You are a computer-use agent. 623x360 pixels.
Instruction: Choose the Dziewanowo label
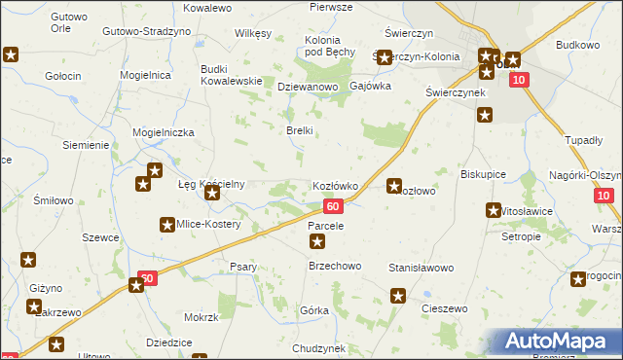(307, 87)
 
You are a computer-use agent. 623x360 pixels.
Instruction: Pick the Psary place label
(243, 268)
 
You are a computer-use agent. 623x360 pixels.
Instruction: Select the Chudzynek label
(318, 347)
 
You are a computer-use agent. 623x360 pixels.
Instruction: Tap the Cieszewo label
(445, 308)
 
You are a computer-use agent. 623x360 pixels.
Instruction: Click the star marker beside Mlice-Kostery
(166, 225)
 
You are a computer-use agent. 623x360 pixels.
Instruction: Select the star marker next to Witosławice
(494, 209)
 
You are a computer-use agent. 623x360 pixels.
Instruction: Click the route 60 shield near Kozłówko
(333, 206)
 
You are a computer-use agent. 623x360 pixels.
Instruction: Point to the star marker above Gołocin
(11, 55)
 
